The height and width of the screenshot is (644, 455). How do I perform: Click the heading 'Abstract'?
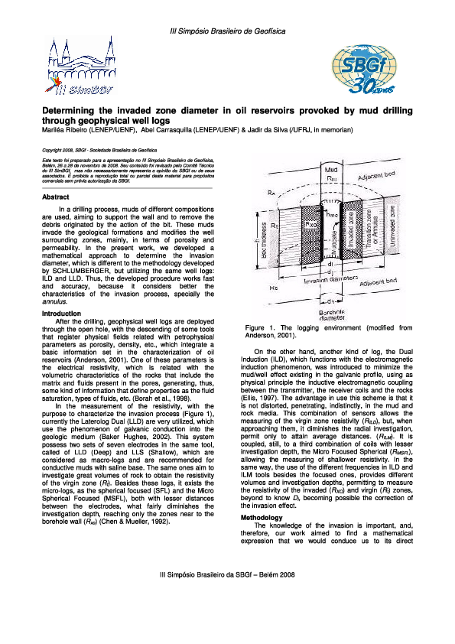58,197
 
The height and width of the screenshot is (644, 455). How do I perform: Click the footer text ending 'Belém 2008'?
227,616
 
